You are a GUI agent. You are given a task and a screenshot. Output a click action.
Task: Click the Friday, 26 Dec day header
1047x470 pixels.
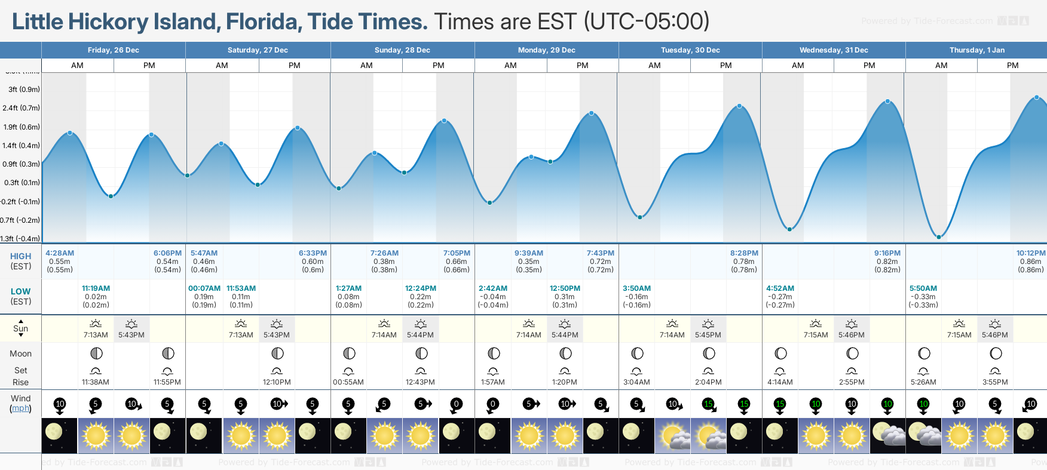pyautogui.click(x=113, y=50)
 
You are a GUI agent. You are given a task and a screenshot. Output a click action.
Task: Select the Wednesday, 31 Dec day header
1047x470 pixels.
pyautogui.click(x=834, y=50)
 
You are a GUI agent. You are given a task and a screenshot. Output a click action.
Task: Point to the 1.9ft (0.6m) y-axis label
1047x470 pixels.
pyautogui.click(x=22, y=127)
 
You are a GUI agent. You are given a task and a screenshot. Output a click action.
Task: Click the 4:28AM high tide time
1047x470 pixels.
pyautogui.click(x=60, y=253)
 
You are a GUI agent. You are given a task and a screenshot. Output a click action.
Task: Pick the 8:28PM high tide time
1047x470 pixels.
pyautogui.click(x=744, y=253)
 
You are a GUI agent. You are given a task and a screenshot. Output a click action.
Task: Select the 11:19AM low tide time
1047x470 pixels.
pyautogui.click(x=96, y=288)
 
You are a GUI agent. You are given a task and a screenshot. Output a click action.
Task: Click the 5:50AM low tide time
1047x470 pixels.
pyautogui.click(x=923, y=288)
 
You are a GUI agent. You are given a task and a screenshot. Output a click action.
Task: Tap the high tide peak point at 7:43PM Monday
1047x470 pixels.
pyautogui.click(x=592, y=113)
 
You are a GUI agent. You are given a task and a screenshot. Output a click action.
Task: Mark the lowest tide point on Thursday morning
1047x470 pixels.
pyautogui.click(x=939, y=237)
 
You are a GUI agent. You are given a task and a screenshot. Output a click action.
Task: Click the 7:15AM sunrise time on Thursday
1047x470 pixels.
pyautogui.click(x=959, y=335)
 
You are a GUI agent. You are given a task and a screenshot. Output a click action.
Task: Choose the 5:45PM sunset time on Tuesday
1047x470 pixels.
pyautogui.click(x=708, y=335)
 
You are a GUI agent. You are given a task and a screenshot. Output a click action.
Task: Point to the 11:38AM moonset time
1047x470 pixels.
pyautogui.click(x=96, y=382)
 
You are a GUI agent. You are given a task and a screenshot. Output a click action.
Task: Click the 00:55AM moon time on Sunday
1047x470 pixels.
pyautogui.click(x=348, y=382)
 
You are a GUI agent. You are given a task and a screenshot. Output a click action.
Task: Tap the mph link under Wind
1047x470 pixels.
pyautogui.click(x=20, y=408)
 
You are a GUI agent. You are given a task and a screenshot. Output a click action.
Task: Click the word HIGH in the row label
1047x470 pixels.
pyautogui.click(x=20, y=256)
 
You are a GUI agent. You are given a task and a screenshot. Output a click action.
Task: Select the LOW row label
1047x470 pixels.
pyautogui.click(x=20, y=291)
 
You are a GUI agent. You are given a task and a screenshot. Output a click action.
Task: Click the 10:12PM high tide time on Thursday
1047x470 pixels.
pyautogui.click(x=1031, y=253)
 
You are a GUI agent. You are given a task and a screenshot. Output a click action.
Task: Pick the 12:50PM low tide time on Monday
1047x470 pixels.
pyautogui.click(x=565, y=288)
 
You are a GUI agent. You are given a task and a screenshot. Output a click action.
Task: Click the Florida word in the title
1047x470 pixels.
pyautogui.click(x=263, y=22)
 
